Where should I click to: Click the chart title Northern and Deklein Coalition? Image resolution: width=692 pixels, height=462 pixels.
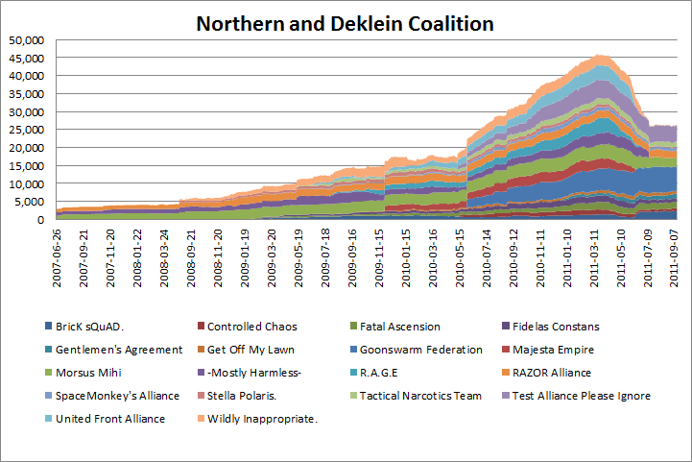point(346,22)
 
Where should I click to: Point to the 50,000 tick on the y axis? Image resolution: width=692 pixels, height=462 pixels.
point(33,40)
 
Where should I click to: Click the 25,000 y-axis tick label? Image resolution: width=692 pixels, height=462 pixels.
point(33,130)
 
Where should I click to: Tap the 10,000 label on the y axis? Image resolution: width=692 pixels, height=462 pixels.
point(33,183)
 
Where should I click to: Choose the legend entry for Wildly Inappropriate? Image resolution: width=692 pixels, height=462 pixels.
point(441,418)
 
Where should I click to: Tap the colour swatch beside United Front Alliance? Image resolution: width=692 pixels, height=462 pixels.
point(49,418)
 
